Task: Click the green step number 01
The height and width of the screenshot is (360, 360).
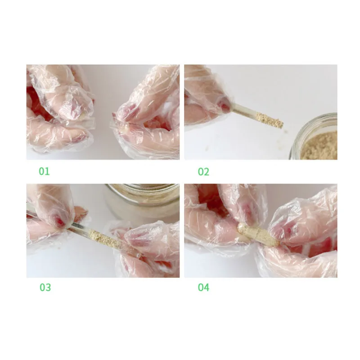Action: [44, 171]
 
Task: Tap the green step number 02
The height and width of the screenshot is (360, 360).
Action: [203, 172]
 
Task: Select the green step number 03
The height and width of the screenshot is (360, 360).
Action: [45, 287]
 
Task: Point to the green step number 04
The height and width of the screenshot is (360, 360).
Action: [204, 287]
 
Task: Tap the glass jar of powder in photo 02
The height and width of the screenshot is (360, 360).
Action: [313, 137]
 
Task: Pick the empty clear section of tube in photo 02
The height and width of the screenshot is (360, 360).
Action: [244, 110]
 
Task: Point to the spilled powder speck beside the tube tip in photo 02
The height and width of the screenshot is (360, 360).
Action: [286, 131]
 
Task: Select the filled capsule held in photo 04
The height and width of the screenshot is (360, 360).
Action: [258, 234]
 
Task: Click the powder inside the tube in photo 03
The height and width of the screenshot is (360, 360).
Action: [103, 238]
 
